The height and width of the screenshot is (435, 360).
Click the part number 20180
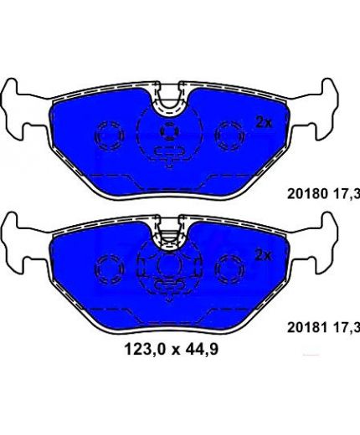(307, 194)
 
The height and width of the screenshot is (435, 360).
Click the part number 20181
(307, 327)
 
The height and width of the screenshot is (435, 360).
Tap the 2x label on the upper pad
(264, 123)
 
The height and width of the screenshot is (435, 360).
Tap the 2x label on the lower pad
(264, 255)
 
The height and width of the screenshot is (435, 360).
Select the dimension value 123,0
(145, 349)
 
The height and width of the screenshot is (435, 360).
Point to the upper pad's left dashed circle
(110, 122)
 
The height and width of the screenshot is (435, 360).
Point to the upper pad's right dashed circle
(229, 122)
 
